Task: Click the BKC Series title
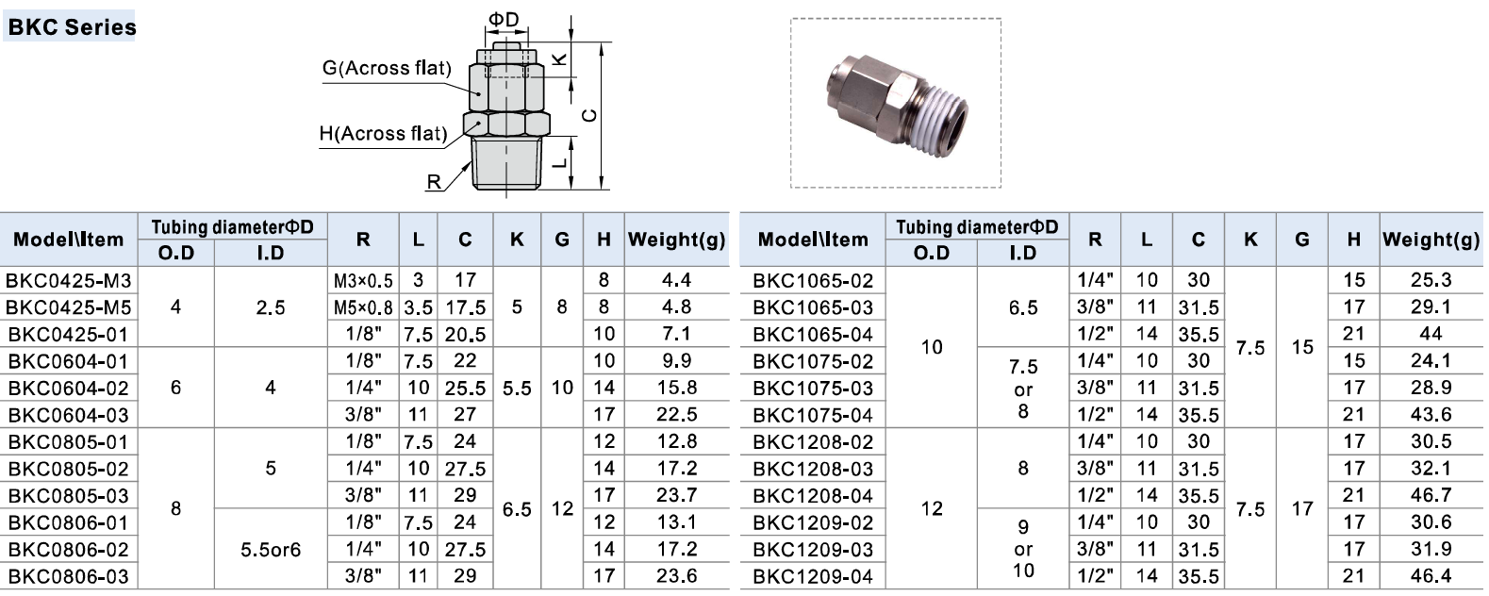(x=72, y=27)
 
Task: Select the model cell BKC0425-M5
(x=69, y=307)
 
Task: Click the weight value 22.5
(x=677, y=415)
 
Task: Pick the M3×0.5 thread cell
(x=363, y=281)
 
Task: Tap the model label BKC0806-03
(x=69, y=576)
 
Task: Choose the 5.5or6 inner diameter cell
(x=271, y=550)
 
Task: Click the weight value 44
(x=1431, y=334)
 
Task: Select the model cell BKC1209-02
(x=813, y=522)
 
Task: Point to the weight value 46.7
(x=1431, y=495)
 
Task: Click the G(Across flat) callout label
(x=387, y=69)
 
